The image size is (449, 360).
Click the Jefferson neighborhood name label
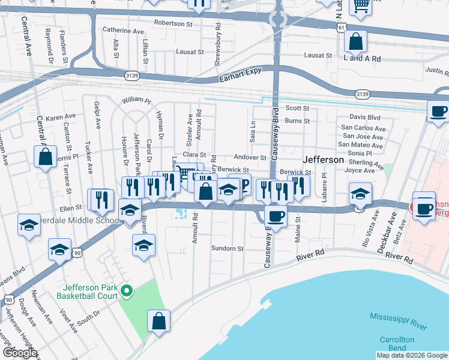pos(324,160)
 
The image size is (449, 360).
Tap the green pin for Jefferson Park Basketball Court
pos(126,292)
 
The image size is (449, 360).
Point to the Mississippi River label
pos(398,321)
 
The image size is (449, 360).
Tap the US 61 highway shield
pos(342,28)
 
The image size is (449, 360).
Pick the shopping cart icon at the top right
pos(361,5)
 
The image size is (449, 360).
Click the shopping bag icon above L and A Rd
pos(355,42)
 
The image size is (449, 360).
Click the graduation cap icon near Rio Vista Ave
pos(360,193)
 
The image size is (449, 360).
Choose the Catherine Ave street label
pos(123,29)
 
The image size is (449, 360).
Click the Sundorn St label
pos(227,248)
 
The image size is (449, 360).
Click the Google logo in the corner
pos(19,353)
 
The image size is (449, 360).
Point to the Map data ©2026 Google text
pos(412,355)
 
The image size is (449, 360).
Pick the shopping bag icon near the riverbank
pos(158,321)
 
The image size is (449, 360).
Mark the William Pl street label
pos(136,100)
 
